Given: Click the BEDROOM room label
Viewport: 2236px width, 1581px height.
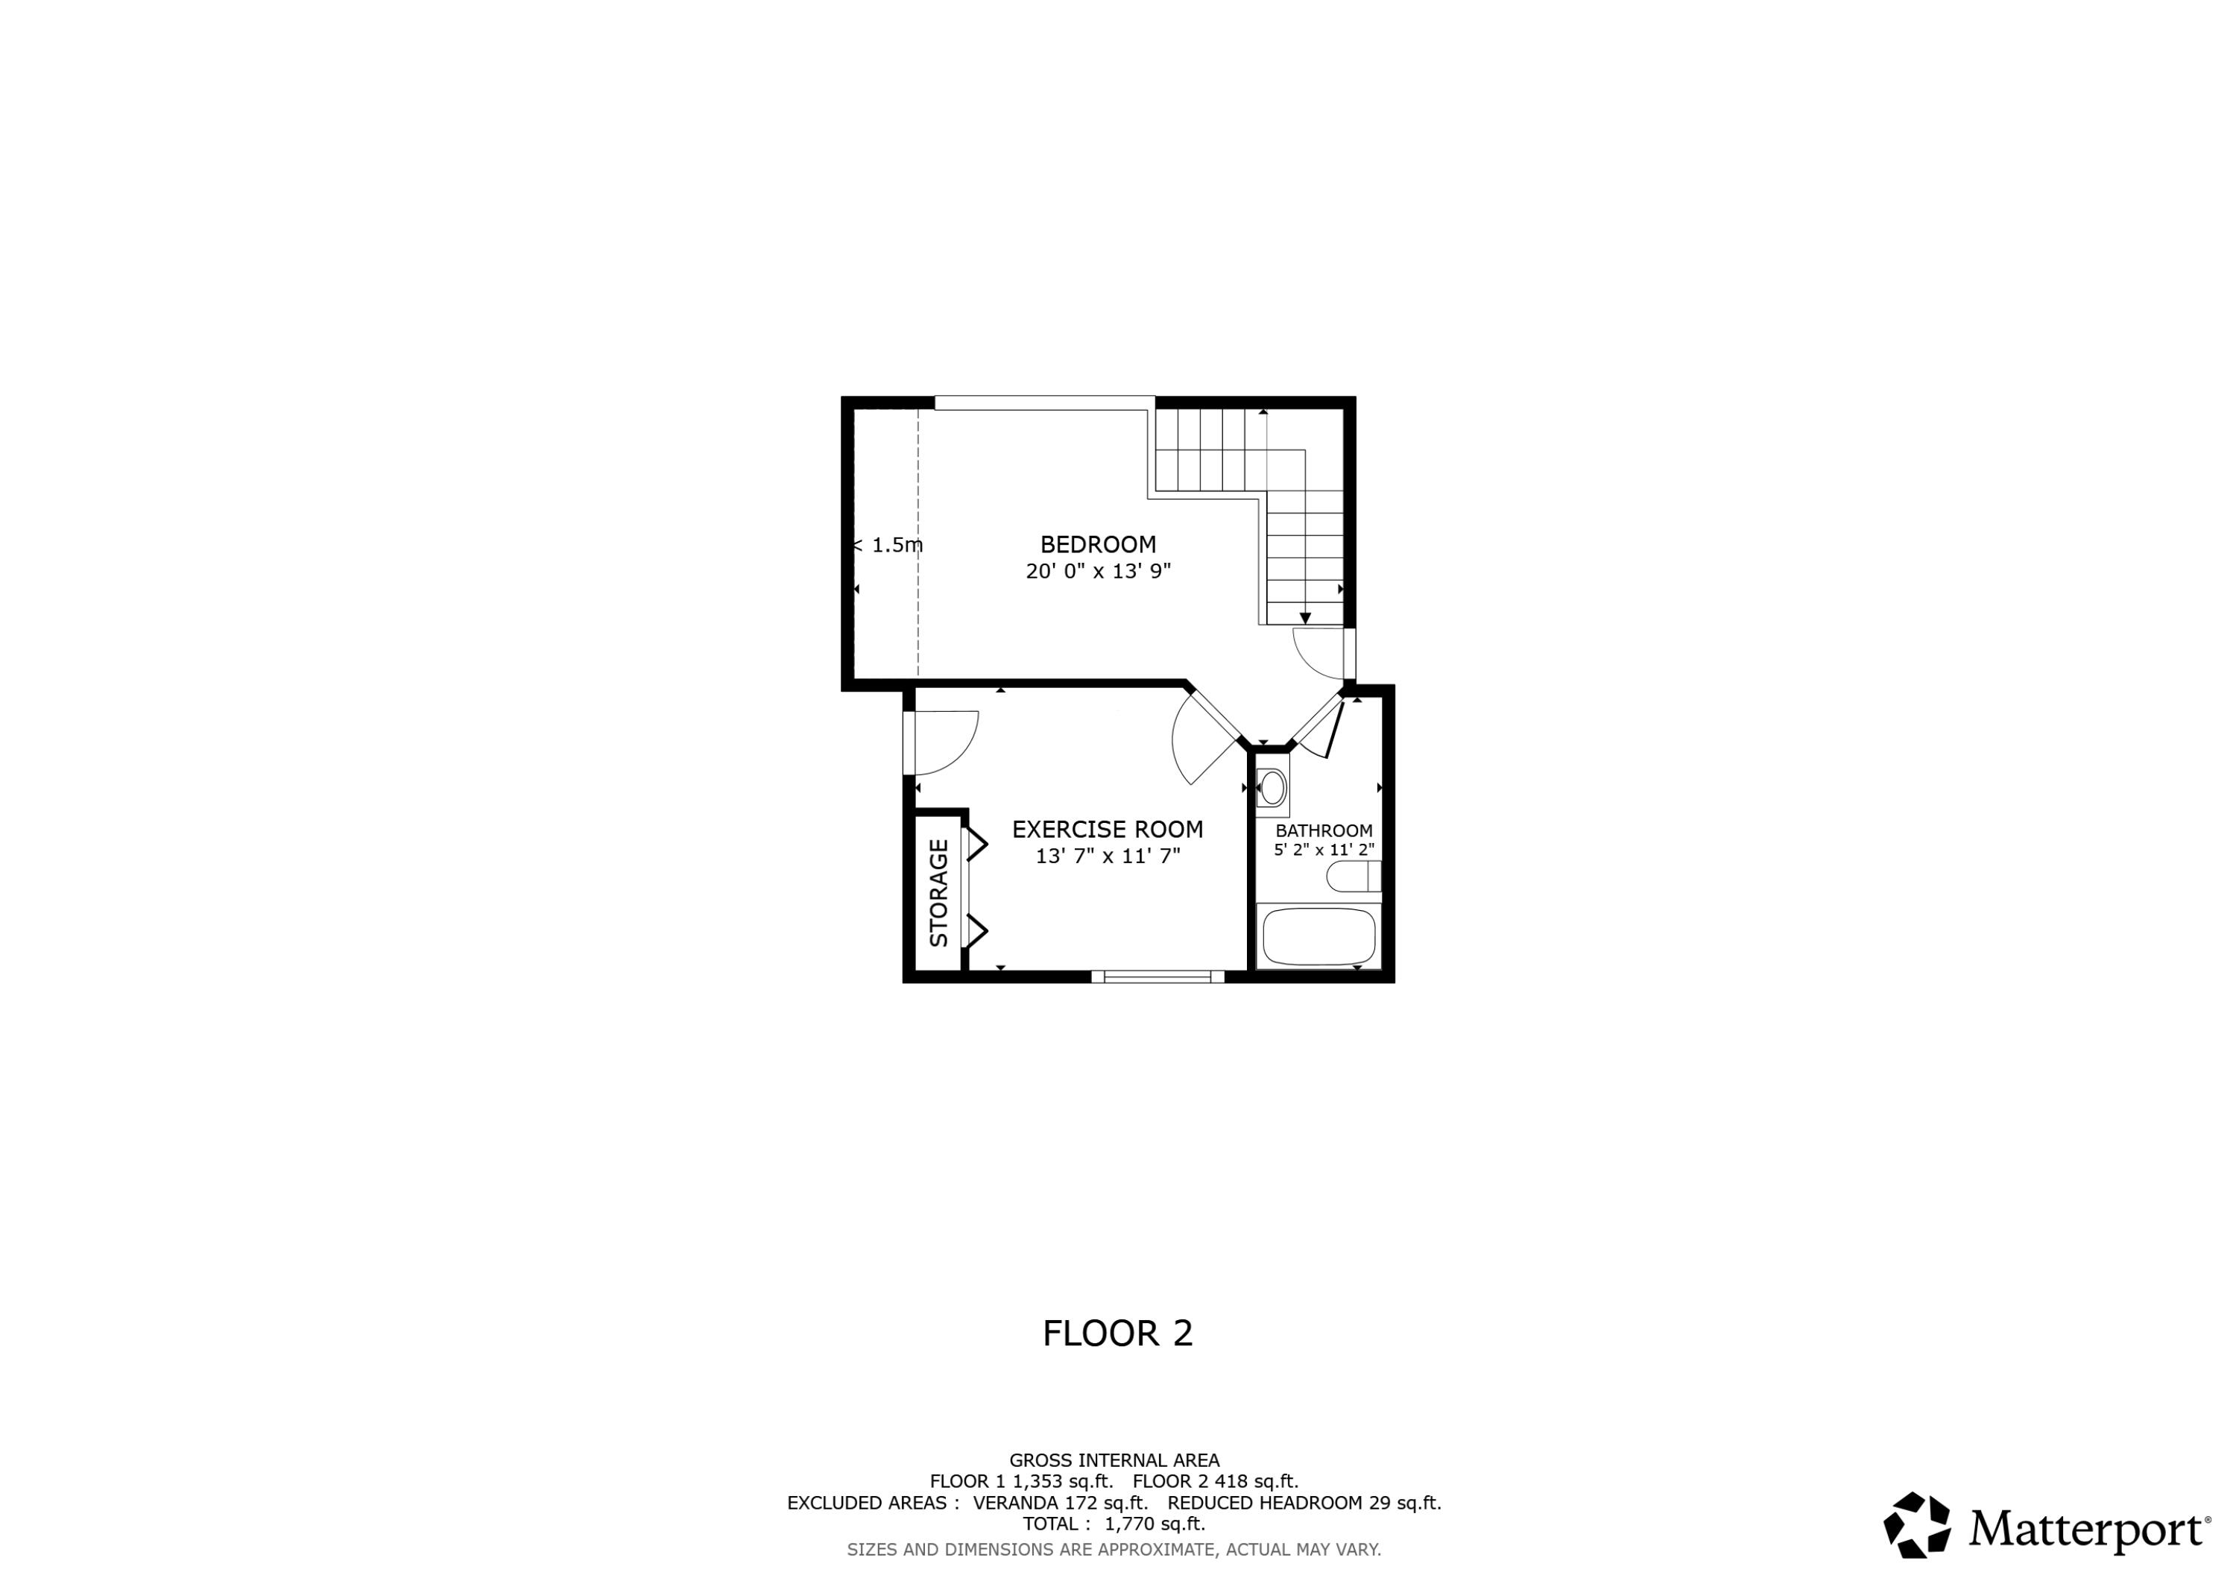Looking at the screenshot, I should click(1098, 545).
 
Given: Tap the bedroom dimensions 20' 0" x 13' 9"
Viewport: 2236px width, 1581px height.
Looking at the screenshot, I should click(1098, 571).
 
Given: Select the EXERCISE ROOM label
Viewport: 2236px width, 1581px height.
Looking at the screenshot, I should click(1108, 829).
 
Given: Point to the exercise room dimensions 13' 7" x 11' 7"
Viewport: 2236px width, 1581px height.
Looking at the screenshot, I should click(1108, 856).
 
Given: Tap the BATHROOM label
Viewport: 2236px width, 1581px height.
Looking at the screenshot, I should click(1324, 831).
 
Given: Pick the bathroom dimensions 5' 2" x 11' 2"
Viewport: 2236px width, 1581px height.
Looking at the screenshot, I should click(1324, 850).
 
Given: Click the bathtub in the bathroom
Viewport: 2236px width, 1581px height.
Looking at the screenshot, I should click(1318, 936).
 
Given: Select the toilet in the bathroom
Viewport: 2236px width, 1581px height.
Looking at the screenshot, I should click(1352, 877).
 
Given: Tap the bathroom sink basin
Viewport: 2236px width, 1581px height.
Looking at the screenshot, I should click(1272, 787).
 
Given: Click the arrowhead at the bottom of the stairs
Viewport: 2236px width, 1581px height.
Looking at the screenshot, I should click(1305, 618).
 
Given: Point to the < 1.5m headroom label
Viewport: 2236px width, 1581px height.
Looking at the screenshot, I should click(888, 546).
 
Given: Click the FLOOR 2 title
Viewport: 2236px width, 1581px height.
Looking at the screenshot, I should click(1117, 1334).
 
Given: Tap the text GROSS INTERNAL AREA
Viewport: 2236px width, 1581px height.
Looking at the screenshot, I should click(1114, 1460).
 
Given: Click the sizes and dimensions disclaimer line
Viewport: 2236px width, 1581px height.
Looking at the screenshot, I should click(1114, 1549).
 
